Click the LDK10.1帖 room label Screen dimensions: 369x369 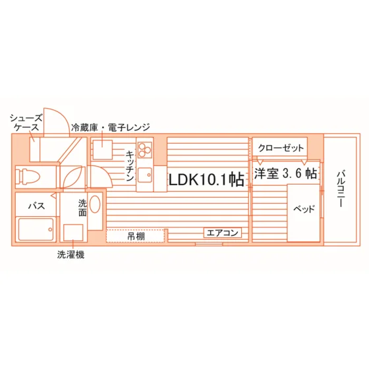point(207,181)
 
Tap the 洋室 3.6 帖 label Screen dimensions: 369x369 point(285,174)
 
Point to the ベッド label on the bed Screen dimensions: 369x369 point(304,209)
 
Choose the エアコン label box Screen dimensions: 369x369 point(223,233)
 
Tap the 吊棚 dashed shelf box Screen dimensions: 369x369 point(135,236)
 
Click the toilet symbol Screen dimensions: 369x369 point(28,177)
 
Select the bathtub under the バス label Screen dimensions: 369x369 point(36,229)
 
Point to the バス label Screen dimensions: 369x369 point(36,206)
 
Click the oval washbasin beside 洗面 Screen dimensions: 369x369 point(95,204)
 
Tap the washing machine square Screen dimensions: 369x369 point(73,233)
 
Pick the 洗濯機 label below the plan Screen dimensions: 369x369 point(71,254)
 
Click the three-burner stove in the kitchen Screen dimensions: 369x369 point(144,150)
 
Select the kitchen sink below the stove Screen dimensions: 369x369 point(145,175)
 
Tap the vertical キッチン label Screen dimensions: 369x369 point(130,166)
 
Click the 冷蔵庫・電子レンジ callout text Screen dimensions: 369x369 point(111,127)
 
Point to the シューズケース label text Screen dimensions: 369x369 point(26,123)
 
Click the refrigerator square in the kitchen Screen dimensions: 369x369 point(103,150)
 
